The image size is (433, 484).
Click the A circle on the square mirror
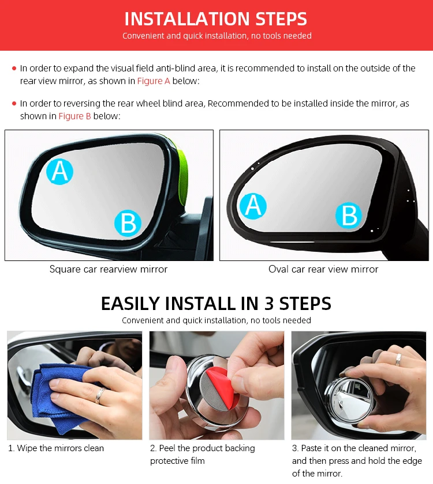[x=59, y=172]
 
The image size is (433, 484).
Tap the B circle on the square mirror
[x=128, y=223]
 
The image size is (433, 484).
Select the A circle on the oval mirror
[x=253, y=206]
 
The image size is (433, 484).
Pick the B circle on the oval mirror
[x=349, y=215]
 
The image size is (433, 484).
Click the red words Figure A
[x=154, y=81]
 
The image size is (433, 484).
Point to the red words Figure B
[x=74, y=116]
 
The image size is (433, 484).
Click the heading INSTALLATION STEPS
[x=215, y=19]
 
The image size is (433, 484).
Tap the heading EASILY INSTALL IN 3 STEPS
[x=216, y=303]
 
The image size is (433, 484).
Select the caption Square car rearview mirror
[x=109, y=269]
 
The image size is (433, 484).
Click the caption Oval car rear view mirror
[x=323, y=269]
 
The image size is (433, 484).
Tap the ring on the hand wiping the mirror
[x=99, y=396]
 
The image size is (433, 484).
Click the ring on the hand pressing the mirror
[x=398, y=360]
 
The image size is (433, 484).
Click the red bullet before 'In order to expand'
[x=14, y=68]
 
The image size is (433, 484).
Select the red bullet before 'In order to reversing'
[x=14, y=103]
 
